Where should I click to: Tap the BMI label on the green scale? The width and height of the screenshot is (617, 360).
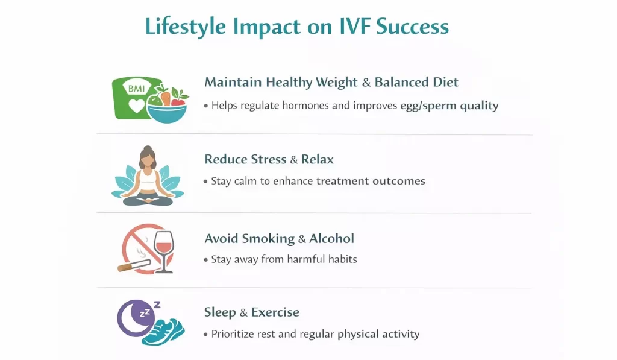coord(137,88)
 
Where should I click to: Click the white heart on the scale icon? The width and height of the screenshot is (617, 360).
coord(137,106)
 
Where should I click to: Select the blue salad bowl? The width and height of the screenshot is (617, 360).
coord(167,113)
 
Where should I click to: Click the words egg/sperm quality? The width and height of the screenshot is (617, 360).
coord(449,106)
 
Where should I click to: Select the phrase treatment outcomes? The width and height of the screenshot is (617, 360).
coord(371,181)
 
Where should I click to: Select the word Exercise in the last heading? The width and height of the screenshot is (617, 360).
coord(275,312)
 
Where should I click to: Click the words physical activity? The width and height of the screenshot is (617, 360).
coord(378,334)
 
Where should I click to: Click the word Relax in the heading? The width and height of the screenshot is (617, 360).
coord(318,159)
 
